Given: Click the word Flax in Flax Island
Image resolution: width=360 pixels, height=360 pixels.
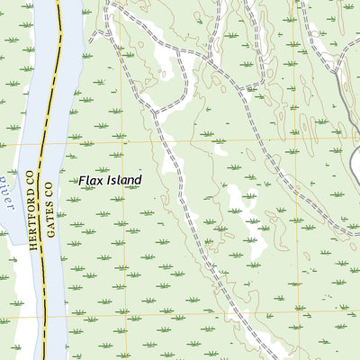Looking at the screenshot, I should [x=90, y=181].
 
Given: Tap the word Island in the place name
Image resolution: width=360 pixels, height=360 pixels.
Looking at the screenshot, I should [x=123, y=181].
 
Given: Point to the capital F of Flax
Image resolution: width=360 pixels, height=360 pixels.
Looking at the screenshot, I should [x=81, y=181].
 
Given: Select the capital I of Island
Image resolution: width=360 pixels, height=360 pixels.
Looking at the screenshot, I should [x=108, y=181].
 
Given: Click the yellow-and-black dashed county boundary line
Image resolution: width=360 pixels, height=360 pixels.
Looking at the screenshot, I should [x=55, y=90].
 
